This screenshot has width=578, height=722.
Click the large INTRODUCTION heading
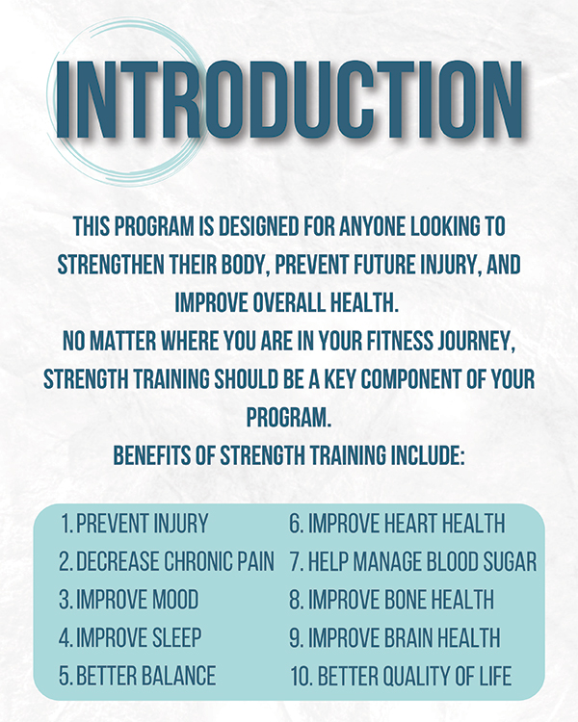tap(289, 99)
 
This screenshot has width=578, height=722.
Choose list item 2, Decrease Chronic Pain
tap(167, 561)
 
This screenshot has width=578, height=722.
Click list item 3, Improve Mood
tap(128, 600)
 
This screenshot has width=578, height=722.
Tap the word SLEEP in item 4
tap(176, 637)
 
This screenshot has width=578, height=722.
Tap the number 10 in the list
tap(300, 676)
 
